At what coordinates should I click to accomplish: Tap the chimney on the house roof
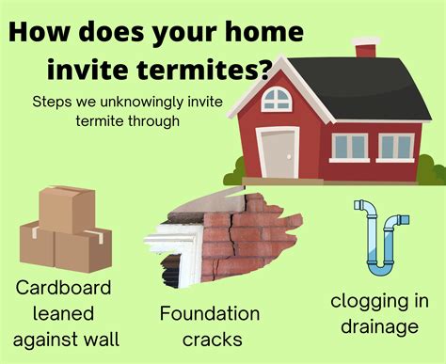(x=366, y=47)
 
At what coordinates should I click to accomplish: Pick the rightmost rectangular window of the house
(x=396, y=147)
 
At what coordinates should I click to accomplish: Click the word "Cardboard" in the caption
(x=64, y=287)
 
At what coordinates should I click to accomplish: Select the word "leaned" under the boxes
(x=64, y=311)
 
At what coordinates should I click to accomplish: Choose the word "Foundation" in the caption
(x=209, y=313)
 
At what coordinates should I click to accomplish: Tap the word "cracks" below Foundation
(x=209, y=339)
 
